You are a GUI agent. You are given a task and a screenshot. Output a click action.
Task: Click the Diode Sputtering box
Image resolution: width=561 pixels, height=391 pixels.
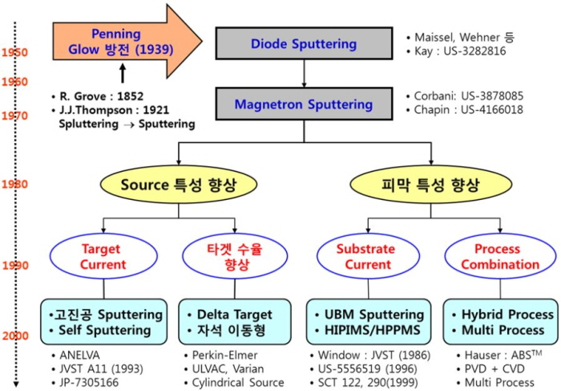[x=304, y=43]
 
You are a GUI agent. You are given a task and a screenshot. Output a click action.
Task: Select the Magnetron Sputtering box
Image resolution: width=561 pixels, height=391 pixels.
[x=304, y=104]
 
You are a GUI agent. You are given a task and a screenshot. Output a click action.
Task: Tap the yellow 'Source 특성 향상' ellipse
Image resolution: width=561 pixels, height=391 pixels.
[x=179, y=185]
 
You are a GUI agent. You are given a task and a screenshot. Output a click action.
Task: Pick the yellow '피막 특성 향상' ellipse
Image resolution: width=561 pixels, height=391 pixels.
[x=431, y=185]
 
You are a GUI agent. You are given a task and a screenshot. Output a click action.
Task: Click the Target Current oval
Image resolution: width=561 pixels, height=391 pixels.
[x=103, y=256]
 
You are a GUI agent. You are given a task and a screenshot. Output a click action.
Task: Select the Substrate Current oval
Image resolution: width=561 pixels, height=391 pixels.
[x=368, y=256]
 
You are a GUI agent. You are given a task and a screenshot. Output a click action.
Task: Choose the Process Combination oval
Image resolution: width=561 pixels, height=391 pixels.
[x=500, y=256]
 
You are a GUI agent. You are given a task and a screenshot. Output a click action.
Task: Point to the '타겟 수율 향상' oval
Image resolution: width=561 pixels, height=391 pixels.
[x=235, y=256]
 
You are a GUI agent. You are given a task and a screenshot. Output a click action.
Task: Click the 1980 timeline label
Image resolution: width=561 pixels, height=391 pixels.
[x=14, y=184]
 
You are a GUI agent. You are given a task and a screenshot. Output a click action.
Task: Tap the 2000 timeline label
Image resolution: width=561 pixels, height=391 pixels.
[x=15, y=336]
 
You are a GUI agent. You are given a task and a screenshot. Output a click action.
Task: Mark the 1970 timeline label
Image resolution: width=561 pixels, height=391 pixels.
[x=14, y=116]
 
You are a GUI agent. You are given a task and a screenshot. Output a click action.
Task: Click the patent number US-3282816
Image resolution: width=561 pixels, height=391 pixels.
[x=474, y=51]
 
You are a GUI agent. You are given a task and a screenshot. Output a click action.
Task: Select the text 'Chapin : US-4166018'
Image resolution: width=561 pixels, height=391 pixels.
[x=468, y=109]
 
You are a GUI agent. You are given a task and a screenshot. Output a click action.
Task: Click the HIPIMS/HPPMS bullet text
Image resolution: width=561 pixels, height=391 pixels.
[x=372, y=330]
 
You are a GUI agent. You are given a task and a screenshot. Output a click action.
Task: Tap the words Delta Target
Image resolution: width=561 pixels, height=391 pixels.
[x=234, y=314]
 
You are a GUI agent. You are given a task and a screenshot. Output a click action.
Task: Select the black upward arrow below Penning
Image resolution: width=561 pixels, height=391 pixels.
[x=123, y=73]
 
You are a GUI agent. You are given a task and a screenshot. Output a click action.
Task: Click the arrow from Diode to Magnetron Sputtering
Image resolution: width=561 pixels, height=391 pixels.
[x=304, y=74]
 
